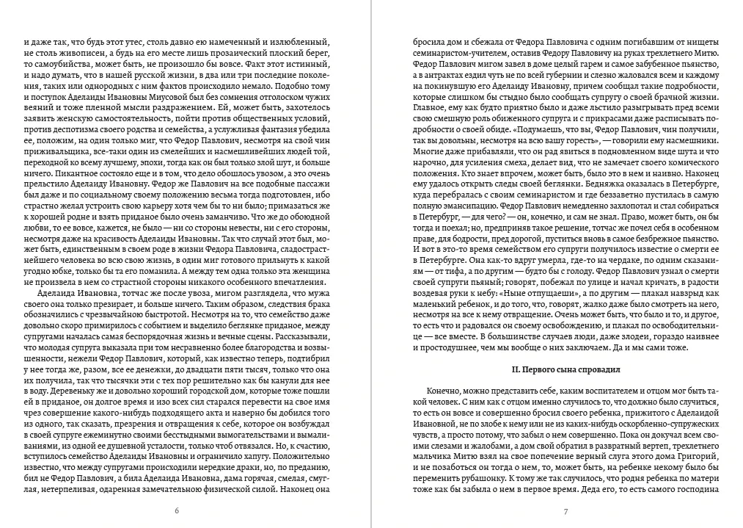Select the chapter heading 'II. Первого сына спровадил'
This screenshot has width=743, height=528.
(566, 369)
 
